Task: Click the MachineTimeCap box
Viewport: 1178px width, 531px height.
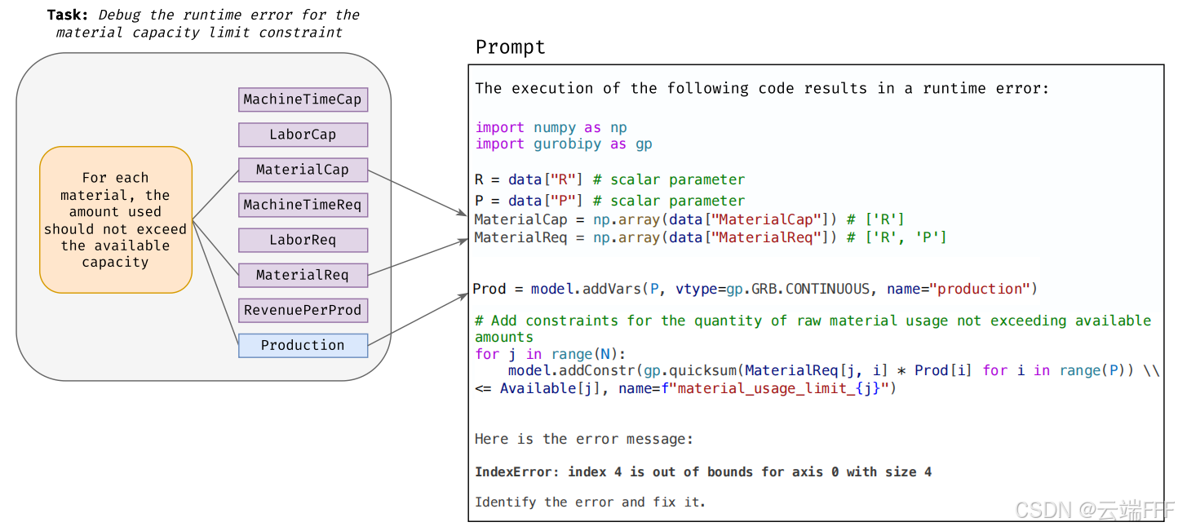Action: (303, 100)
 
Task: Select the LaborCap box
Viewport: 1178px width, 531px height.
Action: (303, 135)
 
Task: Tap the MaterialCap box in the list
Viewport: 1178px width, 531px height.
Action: (303, 170)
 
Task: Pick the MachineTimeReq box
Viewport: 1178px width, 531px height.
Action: (303, 205)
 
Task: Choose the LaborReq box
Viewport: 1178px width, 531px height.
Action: (303, 240)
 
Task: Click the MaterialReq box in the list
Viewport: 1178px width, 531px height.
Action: (303, 275)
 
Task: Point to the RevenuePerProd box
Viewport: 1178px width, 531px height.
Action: (303, 310)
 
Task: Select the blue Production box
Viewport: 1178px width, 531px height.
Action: (303, 345)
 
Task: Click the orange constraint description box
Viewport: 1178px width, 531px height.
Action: (116, 219)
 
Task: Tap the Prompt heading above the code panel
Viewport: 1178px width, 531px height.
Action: (510, 47)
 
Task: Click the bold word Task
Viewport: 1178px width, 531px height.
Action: (68, 15)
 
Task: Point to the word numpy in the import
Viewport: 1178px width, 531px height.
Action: (554, 128)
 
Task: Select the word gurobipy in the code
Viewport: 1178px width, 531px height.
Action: (567, 144)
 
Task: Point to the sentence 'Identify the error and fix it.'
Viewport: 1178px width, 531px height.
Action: (590, 502)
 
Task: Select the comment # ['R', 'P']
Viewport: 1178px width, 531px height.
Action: (897, 237)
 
